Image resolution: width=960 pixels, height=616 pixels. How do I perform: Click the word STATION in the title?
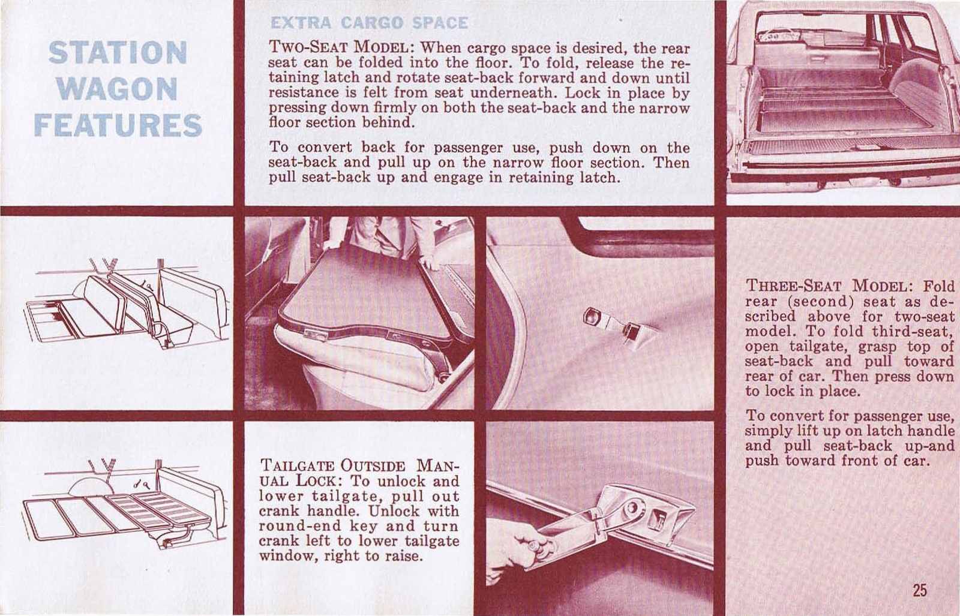pyautogui.click(x=118, y=53)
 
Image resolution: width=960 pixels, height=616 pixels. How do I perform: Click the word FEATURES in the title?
pyautogui.click(x=118, y=125)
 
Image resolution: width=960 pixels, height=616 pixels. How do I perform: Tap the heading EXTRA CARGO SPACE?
pyautogui.click(x=368, y=23)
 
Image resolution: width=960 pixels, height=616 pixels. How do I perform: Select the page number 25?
pyautogui.click(x=920, y=590)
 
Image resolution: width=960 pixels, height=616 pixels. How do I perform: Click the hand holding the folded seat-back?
pyautogui.click(x=428, y=262)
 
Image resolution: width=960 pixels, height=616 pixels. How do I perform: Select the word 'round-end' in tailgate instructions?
pyautogui.click(x=288, y=526)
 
